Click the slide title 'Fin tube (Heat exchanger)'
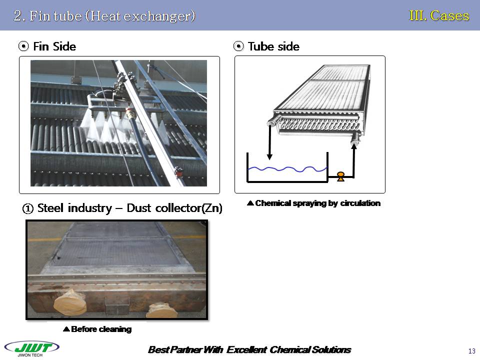pos(112,16)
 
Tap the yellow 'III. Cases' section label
pos(439,15)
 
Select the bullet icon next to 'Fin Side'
pos(23,46)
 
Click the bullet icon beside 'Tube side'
pos(238,46)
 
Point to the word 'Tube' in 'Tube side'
pos(260,46)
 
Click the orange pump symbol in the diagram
pos(340,176)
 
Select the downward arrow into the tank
pos(269,142)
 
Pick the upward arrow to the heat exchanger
pos(354,160)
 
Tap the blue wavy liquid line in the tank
pos(287,169)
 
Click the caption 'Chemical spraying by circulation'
pos(313,203)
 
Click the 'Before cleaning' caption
pos(97,329)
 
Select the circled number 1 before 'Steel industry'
pos(28,208)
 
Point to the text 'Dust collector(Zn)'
pos(174,208)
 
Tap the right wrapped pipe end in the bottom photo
pos(161,310)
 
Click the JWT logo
pos(32,347)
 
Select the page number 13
pos(471,351)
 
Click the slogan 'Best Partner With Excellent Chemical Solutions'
pos(249,349)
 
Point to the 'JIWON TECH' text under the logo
pos(30,355)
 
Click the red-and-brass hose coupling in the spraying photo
pos(130,114)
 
